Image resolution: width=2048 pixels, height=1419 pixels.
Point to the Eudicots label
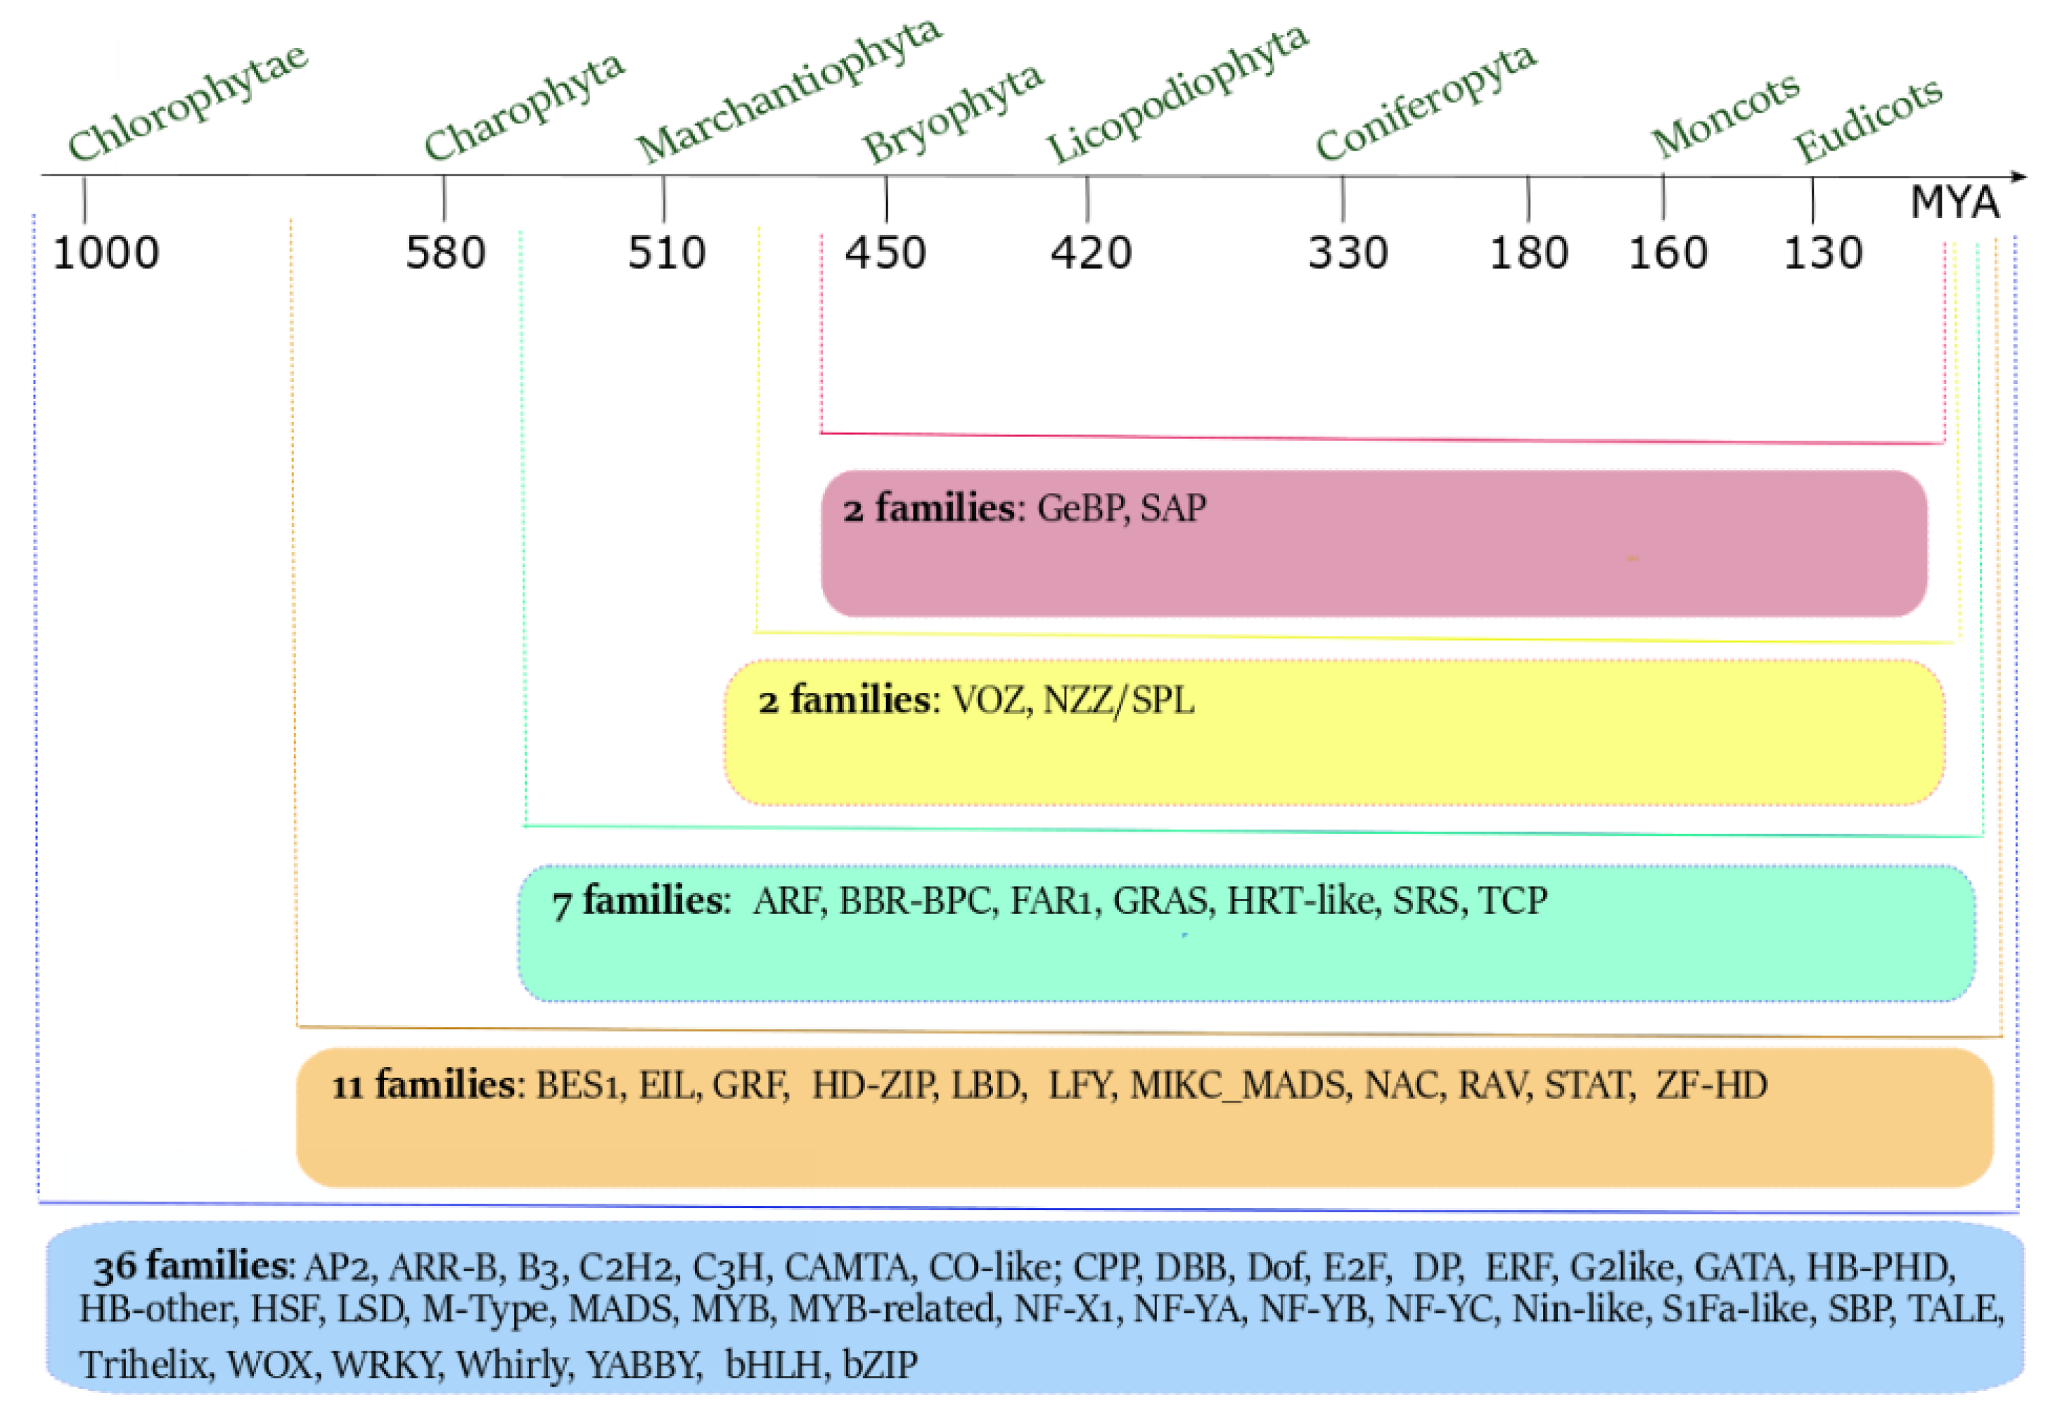click(1867, 120)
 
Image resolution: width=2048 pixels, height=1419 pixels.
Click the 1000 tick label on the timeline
click(105, 253)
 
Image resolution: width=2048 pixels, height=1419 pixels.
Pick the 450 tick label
click(885, 253)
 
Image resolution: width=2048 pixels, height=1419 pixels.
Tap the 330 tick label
click(1348, 253)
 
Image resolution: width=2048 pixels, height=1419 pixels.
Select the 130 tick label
click(1823, 253)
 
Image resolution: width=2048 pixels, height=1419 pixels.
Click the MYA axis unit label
click(1954, 203)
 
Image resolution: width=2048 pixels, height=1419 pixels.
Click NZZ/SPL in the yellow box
click(1118, 701)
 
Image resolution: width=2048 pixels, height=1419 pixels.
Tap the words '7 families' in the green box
click(638, 901)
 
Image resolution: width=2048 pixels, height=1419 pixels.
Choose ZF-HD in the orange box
click(1711, 1086)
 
